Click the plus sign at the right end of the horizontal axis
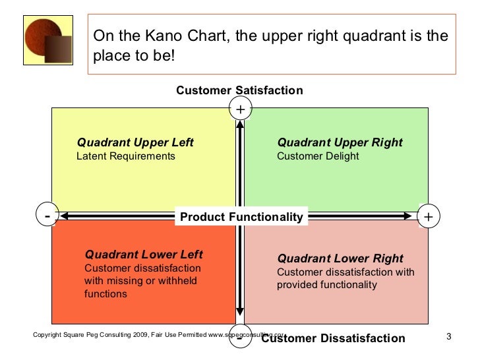point(429,216)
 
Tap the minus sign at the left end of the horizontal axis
point(47,216)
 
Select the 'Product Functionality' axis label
point(241,217)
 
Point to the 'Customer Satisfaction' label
point(239,90)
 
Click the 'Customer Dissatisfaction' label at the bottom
point(333,338)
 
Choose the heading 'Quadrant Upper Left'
point(135,142)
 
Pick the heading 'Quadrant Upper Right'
point(340,142)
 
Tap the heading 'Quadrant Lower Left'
point(144,255)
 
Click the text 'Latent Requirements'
point(126,156)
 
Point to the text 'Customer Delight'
point(318,156)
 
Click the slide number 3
point(448,338)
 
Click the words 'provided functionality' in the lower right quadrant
point(327,285)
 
